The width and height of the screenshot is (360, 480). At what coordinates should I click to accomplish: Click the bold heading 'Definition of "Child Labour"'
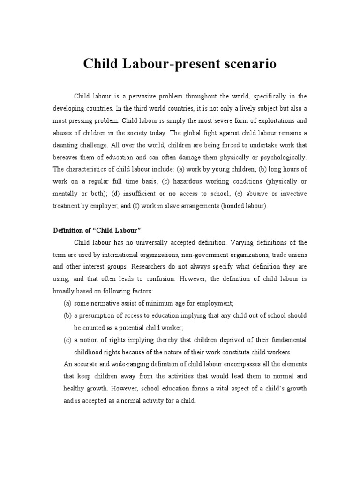coord(97,230)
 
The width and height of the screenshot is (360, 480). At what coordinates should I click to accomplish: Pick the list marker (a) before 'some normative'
coord(67,303)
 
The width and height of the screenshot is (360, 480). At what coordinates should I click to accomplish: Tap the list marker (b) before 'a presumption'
coord(67,315)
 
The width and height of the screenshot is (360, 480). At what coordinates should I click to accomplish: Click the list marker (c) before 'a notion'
coord(67,340)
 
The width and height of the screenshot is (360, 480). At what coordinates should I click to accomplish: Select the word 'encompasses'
coord(243,364)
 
